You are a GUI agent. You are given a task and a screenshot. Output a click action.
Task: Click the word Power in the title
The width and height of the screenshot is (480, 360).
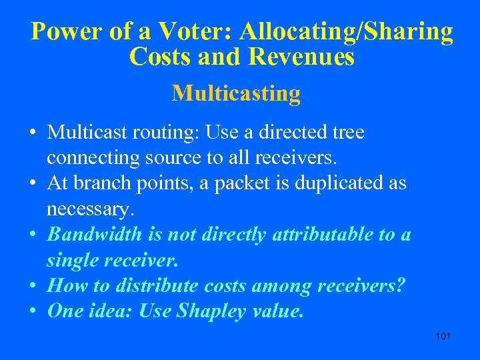65,31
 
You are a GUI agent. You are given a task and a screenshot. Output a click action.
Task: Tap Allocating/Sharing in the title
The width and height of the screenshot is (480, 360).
347,31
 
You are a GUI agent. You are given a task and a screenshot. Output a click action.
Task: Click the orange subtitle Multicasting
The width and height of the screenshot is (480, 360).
236,93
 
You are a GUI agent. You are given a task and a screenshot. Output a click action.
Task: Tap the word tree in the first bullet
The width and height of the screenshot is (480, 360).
348,133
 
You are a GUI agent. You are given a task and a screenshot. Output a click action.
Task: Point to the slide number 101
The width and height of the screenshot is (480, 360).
443,335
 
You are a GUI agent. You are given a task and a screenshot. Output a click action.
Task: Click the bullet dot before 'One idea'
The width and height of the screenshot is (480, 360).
33,311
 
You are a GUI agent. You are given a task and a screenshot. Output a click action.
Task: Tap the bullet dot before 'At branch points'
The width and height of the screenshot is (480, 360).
33,184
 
